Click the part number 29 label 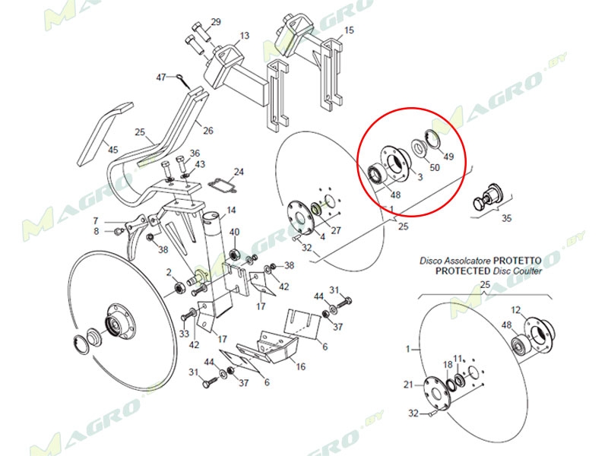pyautogui.click(x=215, y=21)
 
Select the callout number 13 pyautogui.click(x=245, y=36)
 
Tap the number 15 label pyautogui.click(x=349, y=31)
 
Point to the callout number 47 pyautogui.click(x=160, y=78)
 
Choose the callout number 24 pyautogui.click(x=238, y=172)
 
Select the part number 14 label pyautogui.click(x=231, y=210)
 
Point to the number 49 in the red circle pyautogui.click(x=448, y=157)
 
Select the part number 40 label pyautogui.click(x=234, y=232)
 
